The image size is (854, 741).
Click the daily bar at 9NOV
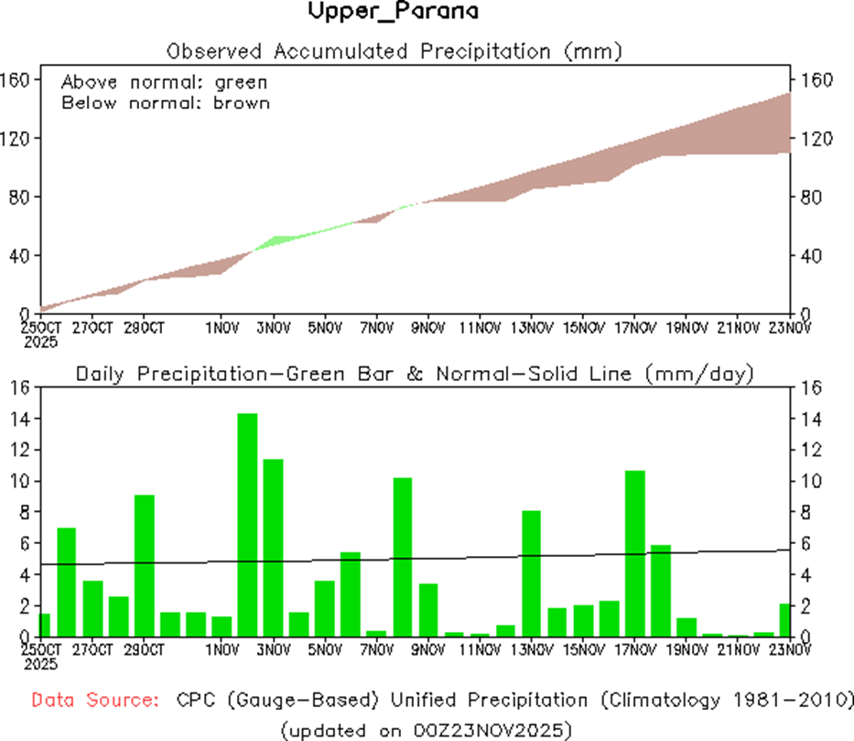click(x=428, y=609)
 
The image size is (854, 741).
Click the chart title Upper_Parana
click(x=393, y=12)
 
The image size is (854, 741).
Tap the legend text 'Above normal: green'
click(x=165, y=82)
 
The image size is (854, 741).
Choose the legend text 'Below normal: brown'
click(x=165, y=103)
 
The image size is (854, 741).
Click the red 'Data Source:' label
click(x=92, y=700)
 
